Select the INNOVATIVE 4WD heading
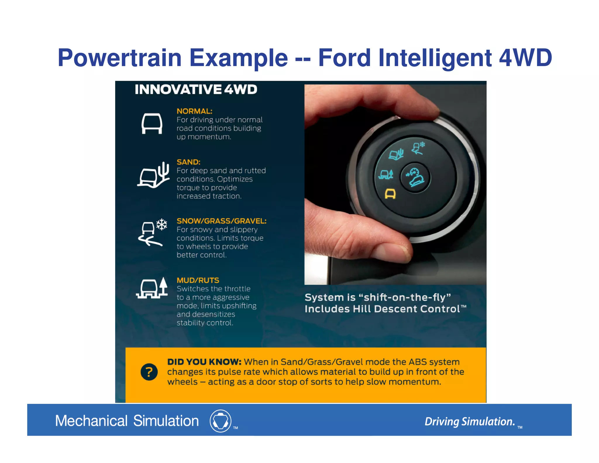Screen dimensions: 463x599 pyautogui.click(x=196, y=90)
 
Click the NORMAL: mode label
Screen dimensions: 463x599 pyautogui.click(x=194, y=111)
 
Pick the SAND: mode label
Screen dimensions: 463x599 pyautogui.click(x=188, y=162)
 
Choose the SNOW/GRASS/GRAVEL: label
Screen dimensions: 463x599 pyautogui.click(x=221, y=221)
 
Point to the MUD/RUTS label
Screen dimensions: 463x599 pyautogui.click(x=198, y=280)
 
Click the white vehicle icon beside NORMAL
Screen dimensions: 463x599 pyautogui.click(x=152, y=124)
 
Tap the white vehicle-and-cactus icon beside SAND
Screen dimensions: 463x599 pyautogui.click(x=154, y=175)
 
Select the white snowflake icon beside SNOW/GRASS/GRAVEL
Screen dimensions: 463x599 pyautogui.click(x=161, y=225)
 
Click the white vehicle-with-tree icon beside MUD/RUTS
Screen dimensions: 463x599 pyautogui.click(x=152, y=288)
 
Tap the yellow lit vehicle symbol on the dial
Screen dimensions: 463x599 pyautogui.click(x=390, y=194)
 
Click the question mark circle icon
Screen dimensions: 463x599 pyautogui.click(x=149, y=372)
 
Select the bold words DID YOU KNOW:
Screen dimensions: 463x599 pyautogui.click(x=204, y=362)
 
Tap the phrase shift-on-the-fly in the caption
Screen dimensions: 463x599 pyautogui.click(x=404, y=297)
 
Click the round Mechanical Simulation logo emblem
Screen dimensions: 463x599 pyautogui.click(x=221, y=421)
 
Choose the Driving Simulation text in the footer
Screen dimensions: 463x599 pyautogui.click(x=469, y=422)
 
